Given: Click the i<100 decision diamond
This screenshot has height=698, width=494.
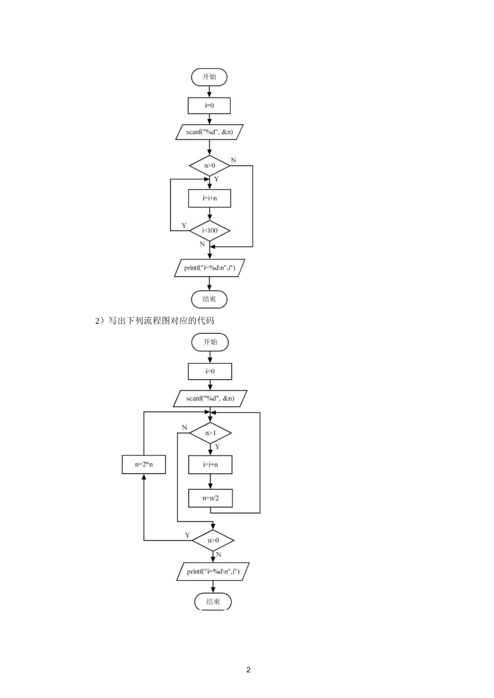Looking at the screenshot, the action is click(x=210, y=231).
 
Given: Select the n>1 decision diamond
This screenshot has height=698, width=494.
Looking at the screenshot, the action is click(x=211, y=433).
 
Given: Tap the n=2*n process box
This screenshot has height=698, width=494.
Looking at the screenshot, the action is click(x=144, y=464).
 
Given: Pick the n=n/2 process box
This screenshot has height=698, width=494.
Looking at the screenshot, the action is click(x=210, y=498).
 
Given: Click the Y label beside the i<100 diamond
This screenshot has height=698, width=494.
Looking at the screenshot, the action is click(x=184, y=225).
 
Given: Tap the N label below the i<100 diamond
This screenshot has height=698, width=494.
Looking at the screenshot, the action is click(x=202, y=244).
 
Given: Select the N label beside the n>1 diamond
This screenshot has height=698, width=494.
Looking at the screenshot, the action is click(x=185, y=427).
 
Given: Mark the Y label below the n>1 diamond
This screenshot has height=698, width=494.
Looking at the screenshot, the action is click(x=217, y=447).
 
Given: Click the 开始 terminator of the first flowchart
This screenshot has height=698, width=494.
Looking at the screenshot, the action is click(x=209, y=77).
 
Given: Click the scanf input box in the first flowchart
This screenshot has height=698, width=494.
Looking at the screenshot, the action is click(x=209, y=132).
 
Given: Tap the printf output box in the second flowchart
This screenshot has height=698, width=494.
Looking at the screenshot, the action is click(x=213, y=571).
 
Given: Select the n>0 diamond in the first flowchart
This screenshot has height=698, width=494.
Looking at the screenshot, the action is click(x=210, y=166).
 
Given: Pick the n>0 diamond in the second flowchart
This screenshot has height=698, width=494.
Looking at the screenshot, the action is click(x=213, y=540).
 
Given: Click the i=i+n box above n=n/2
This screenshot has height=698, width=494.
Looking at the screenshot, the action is click(x=210, y=465).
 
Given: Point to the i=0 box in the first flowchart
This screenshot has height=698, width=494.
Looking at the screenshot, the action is click(x=209, y=105).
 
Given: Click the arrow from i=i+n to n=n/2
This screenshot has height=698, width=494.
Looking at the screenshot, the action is click(x=210, y=481).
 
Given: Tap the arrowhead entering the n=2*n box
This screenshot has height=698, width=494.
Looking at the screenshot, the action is click(x=144, y=477).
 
